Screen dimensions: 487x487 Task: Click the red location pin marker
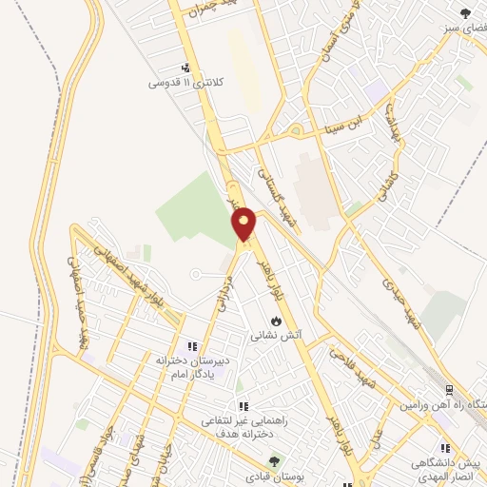pos(244,224)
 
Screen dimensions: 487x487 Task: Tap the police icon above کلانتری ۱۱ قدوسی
pos(186,68)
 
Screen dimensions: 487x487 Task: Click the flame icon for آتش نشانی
pos(276,321)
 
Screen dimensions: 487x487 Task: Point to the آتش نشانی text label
pos(276,336)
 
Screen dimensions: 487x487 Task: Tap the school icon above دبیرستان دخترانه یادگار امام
pos(191,346)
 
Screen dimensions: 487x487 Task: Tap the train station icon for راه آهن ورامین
pos(449,389)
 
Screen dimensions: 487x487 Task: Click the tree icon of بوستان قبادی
pos(275,461)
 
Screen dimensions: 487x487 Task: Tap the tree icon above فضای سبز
pos(464,13)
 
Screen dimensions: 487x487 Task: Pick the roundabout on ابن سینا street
pos(296,130)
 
